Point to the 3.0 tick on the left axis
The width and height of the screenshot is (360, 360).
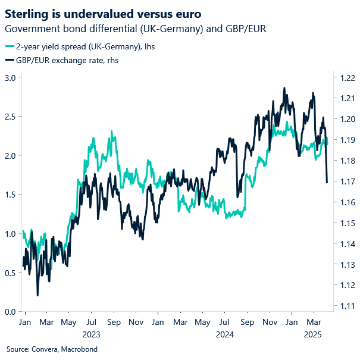coord(10,77)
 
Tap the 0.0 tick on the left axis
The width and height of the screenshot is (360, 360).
coord(10,311)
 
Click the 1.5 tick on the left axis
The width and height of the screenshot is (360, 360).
coord(10,195)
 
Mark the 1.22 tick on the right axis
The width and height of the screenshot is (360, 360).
coord(348,77)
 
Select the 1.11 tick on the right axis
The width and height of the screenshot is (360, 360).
coord(348,306)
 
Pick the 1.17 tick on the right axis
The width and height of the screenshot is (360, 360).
coord(348,181)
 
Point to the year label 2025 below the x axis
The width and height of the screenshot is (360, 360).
coord(312,334)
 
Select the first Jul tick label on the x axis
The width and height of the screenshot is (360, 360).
coord(92,322)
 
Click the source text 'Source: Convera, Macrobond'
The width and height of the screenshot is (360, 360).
coord(52,349)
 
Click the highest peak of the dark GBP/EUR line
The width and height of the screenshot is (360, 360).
coord(284,88)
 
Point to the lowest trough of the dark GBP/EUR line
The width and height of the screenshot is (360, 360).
coord(37,295)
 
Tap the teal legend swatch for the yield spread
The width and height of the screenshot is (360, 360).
coord(11,46)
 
